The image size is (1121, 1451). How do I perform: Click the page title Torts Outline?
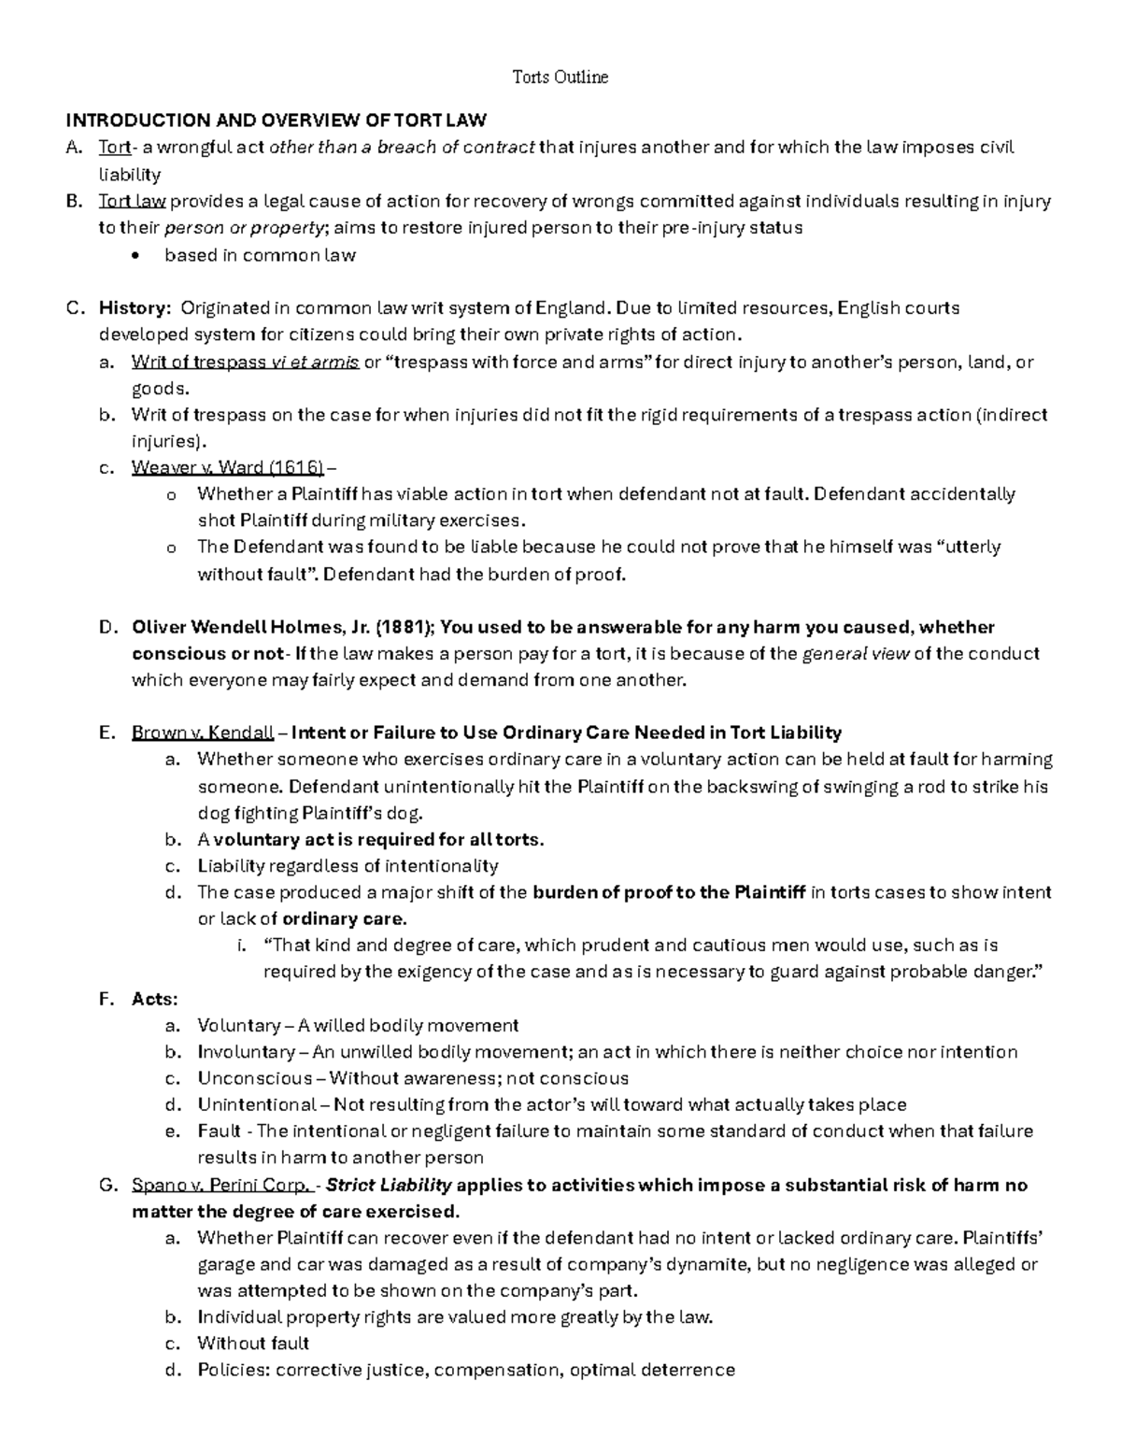pyautogui.click(x=560, y=78)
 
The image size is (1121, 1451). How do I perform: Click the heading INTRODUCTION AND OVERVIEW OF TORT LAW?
pyautogui.click(x=275, y=121)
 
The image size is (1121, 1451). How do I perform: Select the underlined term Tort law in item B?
pyautogui.click(x=132, y=201)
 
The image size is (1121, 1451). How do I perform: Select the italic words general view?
pyautogui.click(x=856, y=654)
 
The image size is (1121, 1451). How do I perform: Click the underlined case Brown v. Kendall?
pyautogui.click(x=203, y=733)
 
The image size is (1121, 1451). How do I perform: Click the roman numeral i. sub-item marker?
pyautogui.click(x=243, y=946)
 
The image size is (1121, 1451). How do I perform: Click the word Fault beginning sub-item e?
pyautogui.click(x=219, y=1131)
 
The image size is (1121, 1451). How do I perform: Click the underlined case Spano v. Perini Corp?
pyautogui.click(x=221, y=1186)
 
